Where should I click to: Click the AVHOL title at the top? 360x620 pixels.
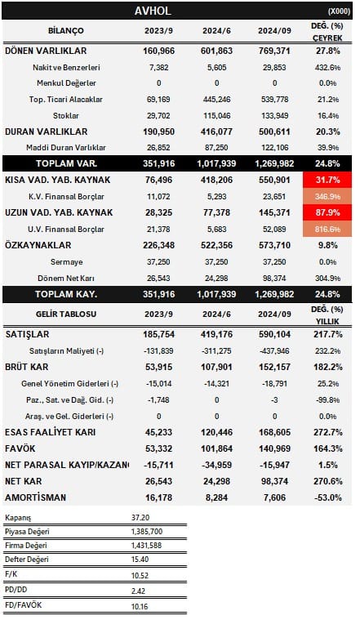pos(153,11)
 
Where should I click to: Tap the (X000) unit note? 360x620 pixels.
pos(339,11)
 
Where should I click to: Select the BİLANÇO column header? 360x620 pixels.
pos(65,31)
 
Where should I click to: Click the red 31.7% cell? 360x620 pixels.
pos(327,180)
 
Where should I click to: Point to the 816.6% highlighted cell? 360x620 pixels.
pos(327,229)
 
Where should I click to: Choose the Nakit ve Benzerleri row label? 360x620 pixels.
pos(66,67)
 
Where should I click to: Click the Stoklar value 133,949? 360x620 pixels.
pos(274,115)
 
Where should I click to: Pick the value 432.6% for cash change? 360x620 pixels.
pos(327,67)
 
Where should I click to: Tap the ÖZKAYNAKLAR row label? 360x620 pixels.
pos(38,245)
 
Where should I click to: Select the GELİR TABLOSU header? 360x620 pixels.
pos(65,314)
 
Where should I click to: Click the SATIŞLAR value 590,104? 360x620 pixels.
pos(274,335)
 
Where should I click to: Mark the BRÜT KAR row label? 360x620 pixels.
pos(26,367)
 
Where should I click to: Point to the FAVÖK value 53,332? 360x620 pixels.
pos(158,448)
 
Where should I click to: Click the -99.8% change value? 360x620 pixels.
pos(327,399)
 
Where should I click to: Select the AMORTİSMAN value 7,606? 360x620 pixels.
pos(274,497)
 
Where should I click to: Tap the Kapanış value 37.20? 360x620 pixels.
pos(140,518)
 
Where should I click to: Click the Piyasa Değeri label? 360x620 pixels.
pos(27,532)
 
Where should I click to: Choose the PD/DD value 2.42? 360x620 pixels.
pos(138,591)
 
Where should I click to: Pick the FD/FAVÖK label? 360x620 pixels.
pos(24,605)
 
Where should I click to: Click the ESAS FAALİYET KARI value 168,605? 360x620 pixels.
pos(274,432)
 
